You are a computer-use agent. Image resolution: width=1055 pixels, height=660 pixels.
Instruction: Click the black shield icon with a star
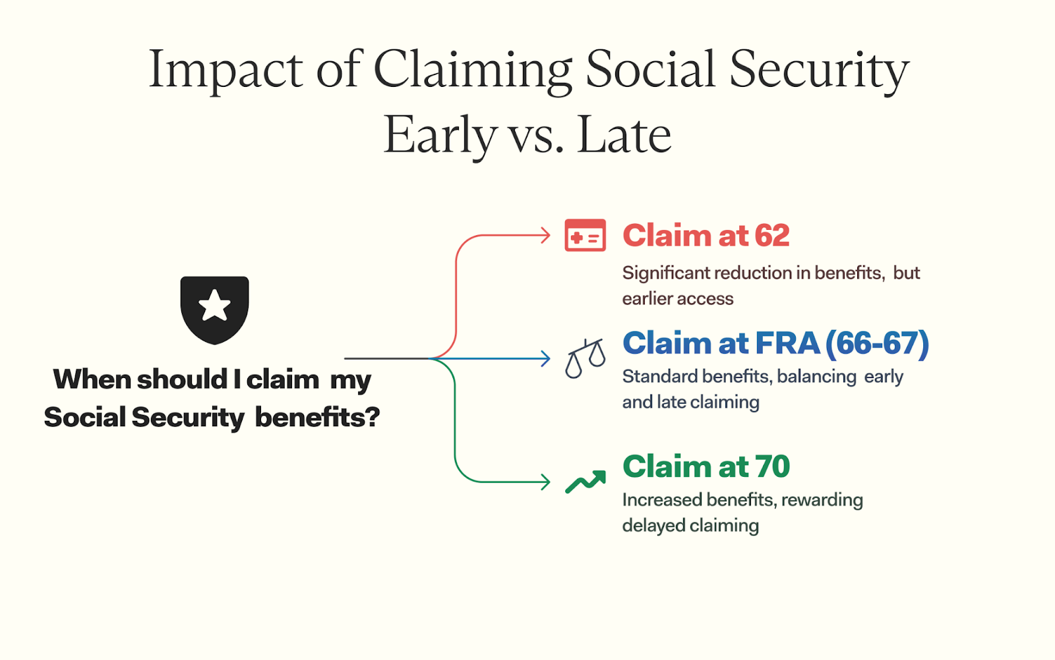pos(215,310)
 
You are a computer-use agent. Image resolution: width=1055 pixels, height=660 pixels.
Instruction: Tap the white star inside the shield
pos(215,306)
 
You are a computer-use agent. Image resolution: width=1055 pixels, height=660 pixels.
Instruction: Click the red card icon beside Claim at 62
pos(585,235)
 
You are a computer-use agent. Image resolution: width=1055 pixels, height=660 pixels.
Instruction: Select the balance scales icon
pos(585,358)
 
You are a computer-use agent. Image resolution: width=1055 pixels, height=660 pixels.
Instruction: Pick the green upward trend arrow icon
pos(586,481)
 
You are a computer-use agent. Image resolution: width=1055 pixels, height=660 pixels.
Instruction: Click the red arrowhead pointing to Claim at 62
pos(545,235)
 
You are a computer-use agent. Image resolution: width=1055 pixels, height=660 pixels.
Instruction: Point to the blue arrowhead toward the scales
pos(545,358)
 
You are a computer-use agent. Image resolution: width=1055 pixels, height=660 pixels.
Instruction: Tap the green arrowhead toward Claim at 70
pos(545,482)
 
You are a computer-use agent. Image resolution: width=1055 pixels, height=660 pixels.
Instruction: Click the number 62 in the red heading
pos(772,235)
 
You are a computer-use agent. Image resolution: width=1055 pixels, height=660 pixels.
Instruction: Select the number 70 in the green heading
pos(772,466)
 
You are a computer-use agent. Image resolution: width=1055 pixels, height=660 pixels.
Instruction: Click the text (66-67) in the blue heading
pos(877,343)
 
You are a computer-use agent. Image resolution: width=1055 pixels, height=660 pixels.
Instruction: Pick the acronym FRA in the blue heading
pos(787,343)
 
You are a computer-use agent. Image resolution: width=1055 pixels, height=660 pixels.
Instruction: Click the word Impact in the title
pos(225,70)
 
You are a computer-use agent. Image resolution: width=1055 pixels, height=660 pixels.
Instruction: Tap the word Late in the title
pos(624,136)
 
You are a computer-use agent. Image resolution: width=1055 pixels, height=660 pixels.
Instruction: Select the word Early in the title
pos(440,137)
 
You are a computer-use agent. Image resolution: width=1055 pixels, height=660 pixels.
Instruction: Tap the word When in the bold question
pos(92,379)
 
